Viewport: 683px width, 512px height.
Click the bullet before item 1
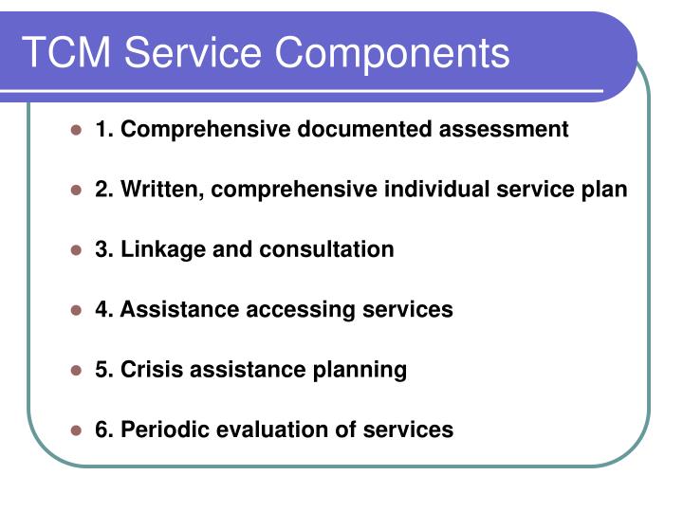click(77, 130)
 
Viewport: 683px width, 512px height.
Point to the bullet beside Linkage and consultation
click(77, 250)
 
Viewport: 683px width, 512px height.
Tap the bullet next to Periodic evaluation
click(77, 430)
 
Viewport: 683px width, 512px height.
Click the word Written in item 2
click(159, 190)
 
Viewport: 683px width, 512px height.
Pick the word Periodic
click(164, 430)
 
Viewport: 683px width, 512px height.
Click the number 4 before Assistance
click(102, 309)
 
